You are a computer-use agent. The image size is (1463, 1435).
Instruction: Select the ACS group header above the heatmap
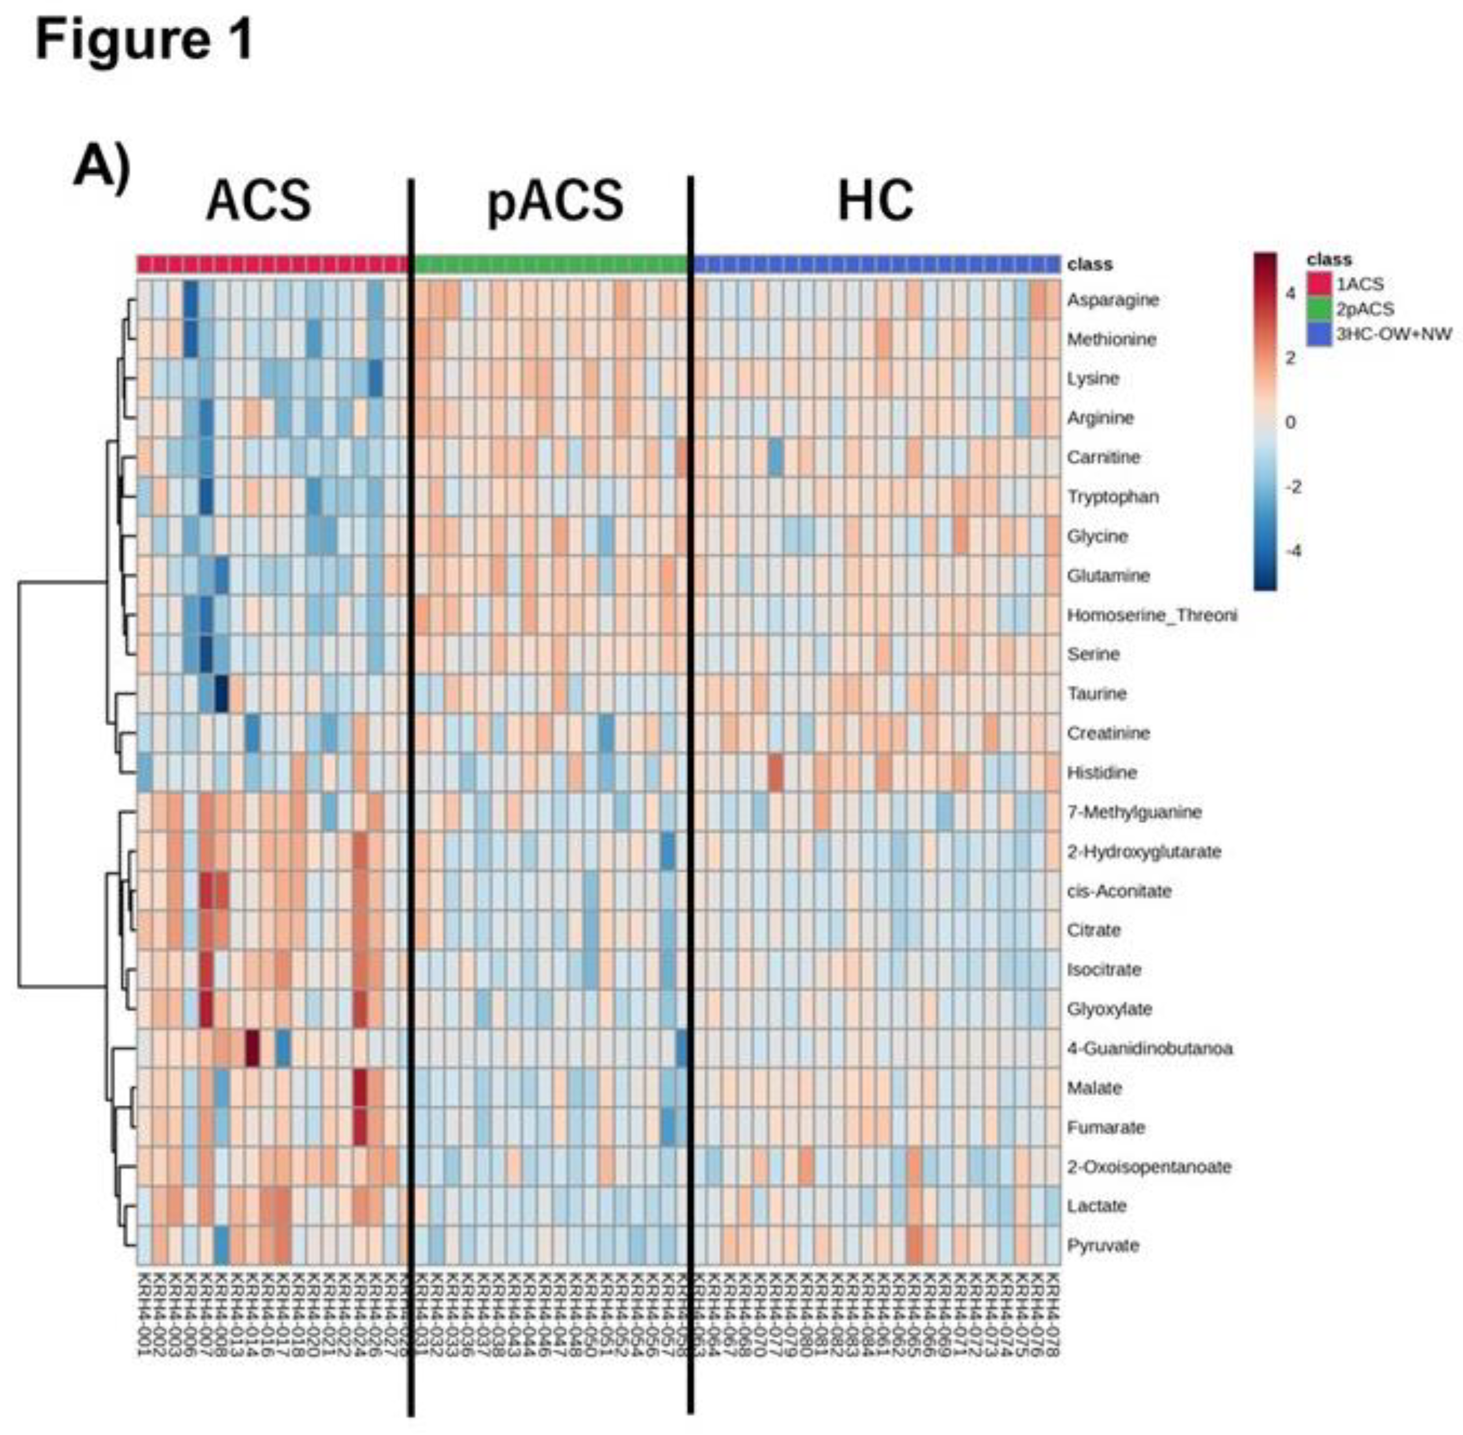tap(259, 201)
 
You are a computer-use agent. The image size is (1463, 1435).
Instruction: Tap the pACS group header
tap(556, 201)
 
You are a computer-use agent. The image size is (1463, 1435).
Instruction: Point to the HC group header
tap(875, 201)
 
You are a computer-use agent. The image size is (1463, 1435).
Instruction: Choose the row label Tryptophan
tap(1113, 497)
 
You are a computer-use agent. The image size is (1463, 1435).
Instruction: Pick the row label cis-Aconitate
tap(1119, 891)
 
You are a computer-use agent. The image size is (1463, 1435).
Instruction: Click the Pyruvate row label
tap(1102, 1245)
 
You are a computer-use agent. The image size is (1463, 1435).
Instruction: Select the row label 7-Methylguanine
tap(1134, 812)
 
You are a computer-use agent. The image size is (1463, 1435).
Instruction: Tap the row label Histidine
tap(1101, 772)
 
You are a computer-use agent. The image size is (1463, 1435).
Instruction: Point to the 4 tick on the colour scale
tap(1290, 293)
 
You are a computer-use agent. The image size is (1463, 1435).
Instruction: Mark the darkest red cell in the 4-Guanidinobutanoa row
tap(252, 1048)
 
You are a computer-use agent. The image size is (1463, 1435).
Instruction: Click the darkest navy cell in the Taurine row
tap(221, 693)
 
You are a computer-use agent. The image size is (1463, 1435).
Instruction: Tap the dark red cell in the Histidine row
tap(776, 772)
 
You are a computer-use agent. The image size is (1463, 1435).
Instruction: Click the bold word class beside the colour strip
tap(1090, 264)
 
